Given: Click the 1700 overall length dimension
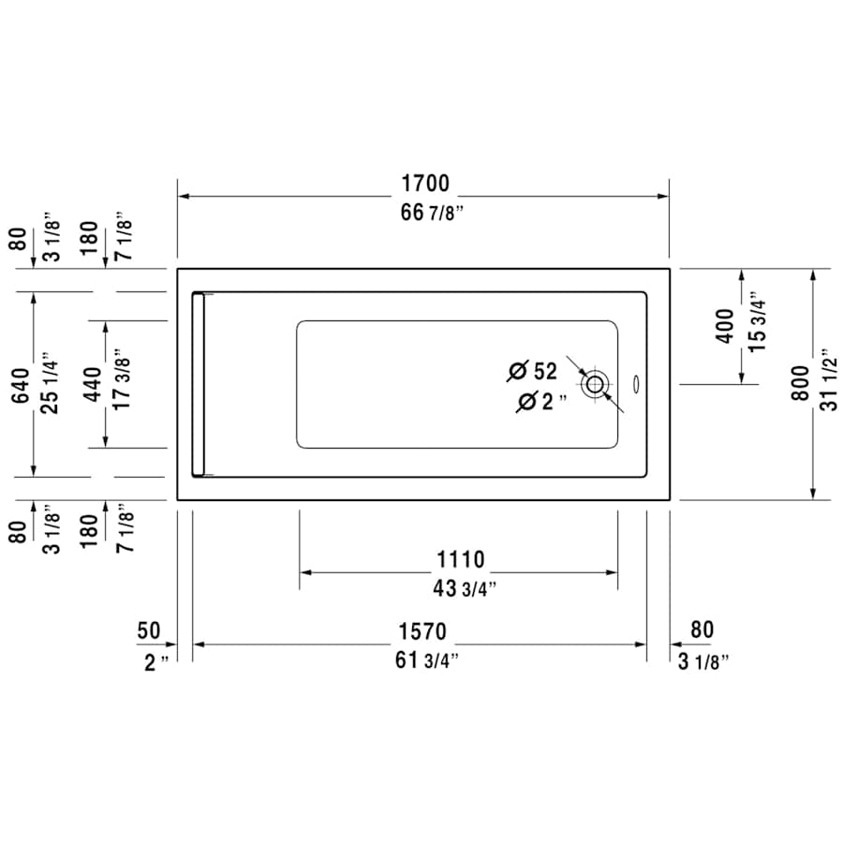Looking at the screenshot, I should point(425,183).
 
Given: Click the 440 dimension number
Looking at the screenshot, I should point(93,384).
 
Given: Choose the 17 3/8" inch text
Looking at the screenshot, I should point(121,384).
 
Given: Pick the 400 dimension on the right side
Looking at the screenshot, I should point(725,325).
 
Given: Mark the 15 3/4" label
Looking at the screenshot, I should point(757,325).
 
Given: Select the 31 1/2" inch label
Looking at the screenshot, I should point(827,384).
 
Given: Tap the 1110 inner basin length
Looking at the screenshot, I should point(460,559).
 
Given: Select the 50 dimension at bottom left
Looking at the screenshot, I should point(149,630).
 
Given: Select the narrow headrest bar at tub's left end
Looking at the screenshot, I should point(198,384).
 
